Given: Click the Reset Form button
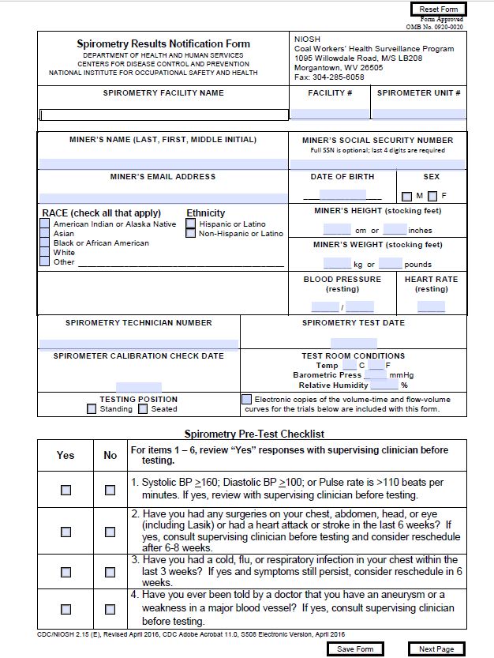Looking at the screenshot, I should (x=439, y=9).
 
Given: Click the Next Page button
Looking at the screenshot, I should (x=436, y=649).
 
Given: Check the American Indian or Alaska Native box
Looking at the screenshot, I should (x=45, y=224).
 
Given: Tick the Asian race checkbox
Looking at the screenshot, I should (x=45, y=234).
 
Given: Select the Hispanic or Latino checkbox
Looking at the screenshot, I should (x=191, y=224).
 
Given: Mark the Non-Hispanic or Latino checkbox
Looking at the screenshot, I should (x=191, y=234).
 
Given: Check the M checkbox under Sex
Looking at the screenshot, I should (x=406, y=196).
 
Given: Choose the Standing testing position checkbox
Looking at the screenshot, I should (x=92, y=409).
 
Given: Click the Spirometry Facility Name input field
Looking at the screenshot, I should (x=164, y=115).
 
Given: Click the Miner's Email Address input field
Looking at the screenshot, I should (x=163, y=198).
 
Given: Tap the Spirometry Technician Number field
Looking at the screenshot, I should (x=138, y=344).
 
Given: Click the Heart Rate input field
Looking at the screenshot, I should (x=431, y=307).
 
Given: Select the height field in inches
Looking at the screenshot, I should (x=395, y=230).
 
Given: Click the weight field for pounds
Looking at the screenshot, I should (x=391, y=264).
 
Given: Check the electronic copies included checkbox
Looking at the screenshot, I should (x=247, y=400).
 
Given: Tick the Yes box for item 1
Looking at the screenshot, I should (x=65, y=490).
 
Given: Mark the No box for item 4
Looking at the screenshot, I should (x=110, y=608).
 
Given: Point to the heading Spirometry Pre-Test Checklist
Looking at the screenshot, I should (x=254, y=434).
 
